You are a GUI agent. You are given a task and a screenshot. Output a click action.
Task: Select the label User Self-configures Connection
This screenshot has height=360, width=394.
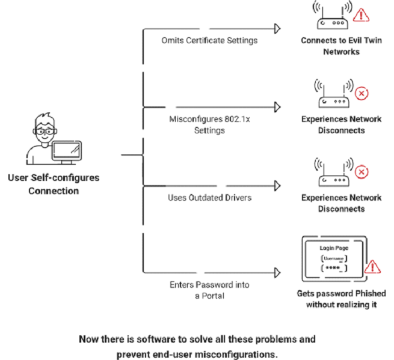53,185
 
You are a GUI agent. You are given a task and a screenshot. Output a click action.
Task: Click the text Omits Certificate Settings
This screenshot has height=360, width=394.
209,40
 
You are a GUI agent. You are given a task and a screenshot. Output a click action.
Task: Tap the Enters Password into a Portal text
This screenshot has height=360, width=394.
209,290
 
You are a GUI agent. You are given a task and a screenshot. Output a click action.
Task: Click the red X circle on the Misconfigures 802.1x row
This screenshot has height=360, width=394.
362,94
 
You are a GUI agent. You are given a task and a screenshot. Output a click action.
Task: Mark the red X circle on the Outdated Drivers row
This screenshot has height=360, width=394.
362,173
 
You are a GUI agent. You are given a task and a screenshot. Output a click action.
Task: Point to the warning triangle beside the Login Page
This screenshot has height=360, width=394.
374,266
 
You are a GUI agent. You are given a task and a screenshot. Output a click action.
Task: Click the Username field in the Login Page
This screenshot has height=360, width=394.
333,258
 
